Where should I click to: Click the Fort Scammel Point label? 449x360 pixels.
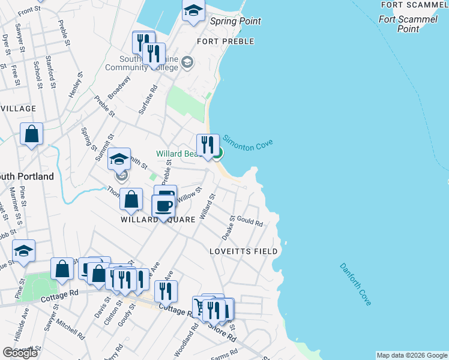click(x=408, y=24)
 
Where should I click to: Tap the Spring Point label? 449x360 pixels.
click(x=236, y=21)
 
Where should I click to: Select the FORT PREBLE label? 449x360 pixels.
click(x=226, y=41)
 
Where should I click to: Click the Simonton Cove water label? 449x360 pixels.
click(x=249, y=146)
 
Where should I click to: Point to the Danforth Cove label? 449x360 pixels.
click(x=356, y=284)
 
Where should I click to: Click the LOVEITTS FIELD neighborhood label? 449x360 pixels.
click(x=243, y=251)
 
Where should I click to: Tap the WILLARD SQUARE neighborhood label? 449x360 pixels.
click(x=158, y=220)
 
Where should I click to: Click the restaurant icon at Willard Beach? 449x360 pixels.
click(x=208, y=145)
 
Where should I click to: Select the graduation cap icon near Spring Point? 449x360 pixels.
click(x=193, y=11)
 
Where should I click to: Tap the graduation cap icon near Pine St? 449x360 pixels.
click(x=23, y=251)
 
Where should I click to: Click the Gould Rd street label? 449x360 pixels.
click(x=250, y=221)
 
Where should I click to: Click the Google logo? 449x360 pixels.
click(x=20, y=353)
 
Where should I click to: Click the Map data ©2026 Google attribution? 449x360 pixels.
click(x=411, y=355)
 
